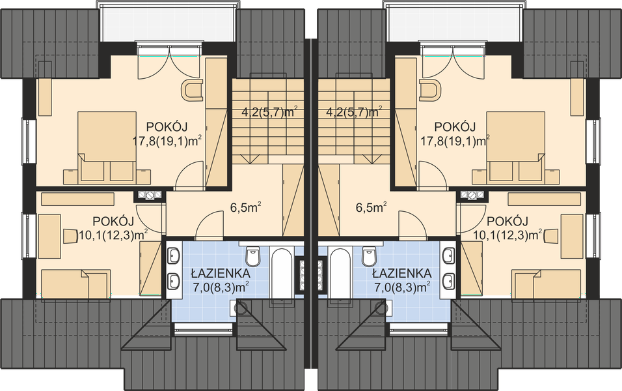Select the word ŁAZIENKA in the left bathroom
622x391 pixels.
pyautogui.click(x=220, y=274)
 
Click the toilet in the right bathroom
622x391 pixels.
pyautogui.click(x=369, y=256)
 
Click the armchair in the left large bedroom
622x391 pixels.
pyautogui.click(x=193, y=91)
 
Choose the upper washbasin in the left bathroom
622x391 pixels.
pyautogui.click(x=174, y=255)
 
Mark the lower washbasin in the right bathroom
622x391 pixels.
pyautogui.click(x=449, y=282)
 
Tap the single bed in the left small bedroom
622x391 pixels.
pyautogui.click(x=75, y=283)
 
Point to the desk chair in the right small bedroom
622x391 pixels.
pyautogui.click(x=551, y=236)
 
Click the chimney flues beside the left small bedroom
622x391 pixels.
pyautogui.click(x=150, y=195)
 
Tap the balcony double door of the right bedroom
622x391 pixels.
pyautogui.click(x=453, y=62)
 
